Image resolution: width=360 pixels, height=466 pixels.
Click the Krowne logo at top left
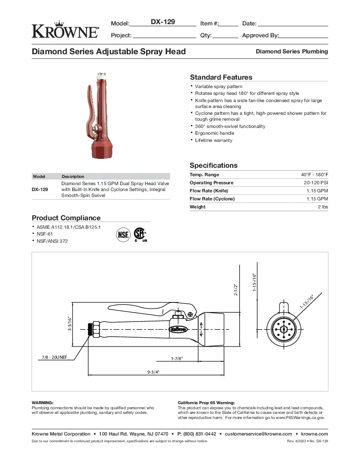pos(65,30)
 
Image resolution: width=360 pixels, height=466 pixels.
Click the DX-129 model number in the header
pos(163,22)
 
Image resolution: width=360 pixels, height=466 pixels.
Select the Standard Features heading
pos(221,77)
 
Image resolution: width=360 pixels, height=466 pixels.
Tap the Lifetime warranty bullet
pos(213,140)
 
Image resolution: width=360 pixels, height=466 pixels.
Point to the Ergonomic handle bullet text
pos(214,133)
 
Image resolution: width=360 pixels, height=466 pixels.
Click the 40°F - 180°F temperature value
pos(314,175)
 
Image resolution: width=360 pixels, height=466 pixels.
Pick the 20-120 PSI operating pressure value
pos(316,183)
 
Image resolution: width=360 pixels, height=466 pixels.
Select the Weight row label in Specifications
pos(197,207)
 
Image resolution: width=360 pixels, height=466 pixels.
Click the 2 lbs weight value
pos(323,207)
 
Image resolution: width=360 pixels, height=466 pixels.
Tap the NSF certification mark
pos(123,234)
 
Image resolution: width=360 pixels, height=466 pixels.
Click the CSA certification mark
pos(140,234)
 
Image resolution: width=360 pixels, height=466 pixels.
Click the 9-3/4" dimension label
pos(153,372)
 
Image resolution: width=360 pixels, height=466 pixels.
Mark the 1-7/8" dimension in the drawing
pos(177,358)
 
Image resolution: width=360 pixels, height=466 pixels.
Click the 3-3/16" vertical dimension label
pos(69,325)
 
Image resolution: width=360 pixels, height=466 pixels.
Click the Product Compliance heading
pos(66,218)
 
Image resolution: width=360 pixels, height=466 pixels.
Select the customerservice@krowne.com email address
pos(258,434)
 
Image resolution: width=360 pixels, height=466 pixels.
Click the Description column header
pos(73,176)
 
